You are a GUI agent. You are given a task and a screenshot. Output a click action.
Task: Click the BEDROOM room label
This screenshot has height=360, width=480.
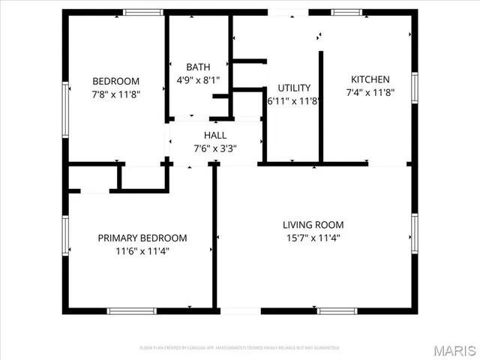click(x=115, y=81)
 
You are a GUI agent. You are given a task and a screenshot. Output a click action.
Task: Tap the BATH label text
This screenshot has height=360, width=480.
click(x=198, y=66)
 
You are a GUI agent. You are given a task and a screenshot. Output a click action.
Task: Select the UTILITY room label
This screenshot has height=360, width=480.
click(x=294, y=88)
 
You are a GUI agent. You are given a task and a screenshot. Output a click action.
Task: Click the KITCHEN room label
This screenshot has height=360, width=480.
click(x=370, y=79)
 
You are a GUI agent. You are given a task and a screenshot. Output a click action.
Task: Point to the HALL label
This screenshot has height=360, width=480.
click(x=215, y=135)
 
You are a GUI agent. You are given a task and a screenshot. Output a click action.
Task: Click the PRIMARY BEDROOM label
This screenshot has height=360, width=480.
click(x=142, y=238)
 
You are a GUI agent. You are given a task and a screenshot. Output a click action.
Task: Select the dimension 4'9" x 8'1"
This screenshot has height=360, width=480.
click(x=198, y=79)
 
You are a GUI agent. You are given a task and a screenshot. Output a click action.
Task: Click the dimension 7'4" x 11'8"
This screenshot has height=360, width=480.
click(x=370, y=92)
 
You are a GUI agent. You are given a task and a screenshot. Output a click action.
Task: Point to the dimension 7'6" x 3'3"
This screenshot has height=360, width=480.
click(x=215, y=148)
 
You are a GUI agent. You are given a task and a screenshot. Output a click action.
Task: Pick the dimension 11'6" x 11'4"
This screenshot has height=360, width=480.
click(x=142, y=251)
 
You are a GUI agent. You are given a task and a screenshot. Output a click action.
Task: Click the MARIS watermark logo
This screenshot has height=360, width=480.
click(x=454, y=350)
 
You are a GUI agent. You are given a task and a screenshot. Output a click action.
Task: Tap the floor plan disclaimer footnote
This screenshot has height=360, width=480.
click(x=239, y=348)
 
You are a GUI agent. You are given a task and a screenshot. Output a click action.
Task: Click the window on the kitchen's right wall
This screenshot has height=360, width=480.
click(x=414, y=88)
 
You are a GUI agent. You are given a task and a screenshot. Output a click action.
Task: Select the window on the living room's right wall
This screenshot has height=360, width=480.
click(x=414, y=229)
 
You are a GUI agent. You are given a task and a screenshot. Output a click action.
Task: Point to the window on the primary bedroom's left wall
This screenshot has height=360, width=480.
click(x=66, y=235)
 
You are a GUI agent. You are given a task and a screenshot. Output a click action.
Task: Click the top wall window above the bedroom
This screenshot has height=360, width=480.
click(x=144, y=12)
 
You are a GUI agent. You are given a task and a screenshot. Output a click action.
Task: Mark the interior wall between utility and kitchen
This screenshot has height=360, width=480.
click(x=321, y=105)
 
